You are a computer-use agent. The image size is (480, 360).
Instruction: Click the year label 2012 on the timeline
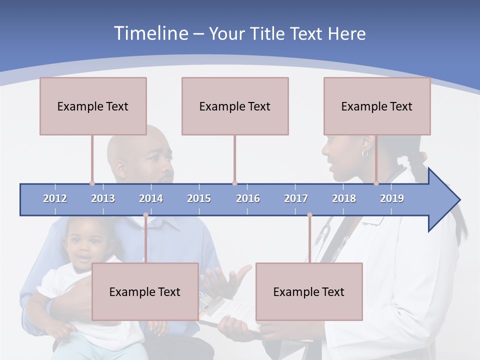tap(55, 198)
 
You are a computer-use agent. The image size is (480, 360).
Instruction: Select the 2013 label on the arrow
tap(103, 198)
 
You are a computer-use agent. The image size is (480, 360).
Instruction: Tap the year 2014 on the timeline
tap(151, 198)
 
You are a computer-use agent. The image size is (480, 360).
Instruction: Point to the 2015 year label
tap(199, 198)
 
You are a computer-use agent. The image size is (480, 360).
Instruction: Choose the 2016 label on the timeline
tap(248, 198)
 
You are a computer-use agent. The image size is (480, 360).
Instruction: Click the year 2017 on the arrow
tap(296, 198)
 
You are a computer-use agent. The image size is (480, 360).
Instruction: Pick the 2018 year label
tap(344, 198)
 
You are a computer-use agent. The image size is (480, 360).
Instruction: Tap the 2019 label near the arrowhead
tap(392, 198)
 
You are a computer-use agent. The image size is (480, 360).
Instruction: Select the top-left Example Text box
tap(93, 106)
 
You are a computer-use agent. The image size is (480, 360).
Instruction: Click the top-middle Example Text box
tap(235, 106)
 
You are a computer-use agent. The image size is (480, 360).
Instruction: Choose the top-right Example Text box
tap(377, 106)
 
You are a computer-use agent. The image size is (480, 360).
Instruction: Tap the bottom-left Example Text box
tap(145, 291)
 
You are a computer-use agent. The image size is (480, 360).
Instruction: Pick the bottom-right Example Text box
tap(309, 291)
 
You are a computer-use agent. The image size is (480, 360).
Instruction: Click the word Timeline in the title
tap(150, 33)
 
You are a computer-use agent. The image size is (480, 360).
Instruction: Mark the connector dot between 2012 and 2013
tap(92, 183)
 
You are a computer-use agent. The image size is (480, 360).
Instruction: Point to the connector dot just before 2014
tap(145, 215)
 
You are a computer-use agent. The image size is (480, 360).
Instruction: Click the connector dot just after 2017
tap(309, 215)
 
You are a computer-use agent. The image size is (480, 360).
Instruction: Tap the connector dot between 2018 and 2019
tap(376, 183)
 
